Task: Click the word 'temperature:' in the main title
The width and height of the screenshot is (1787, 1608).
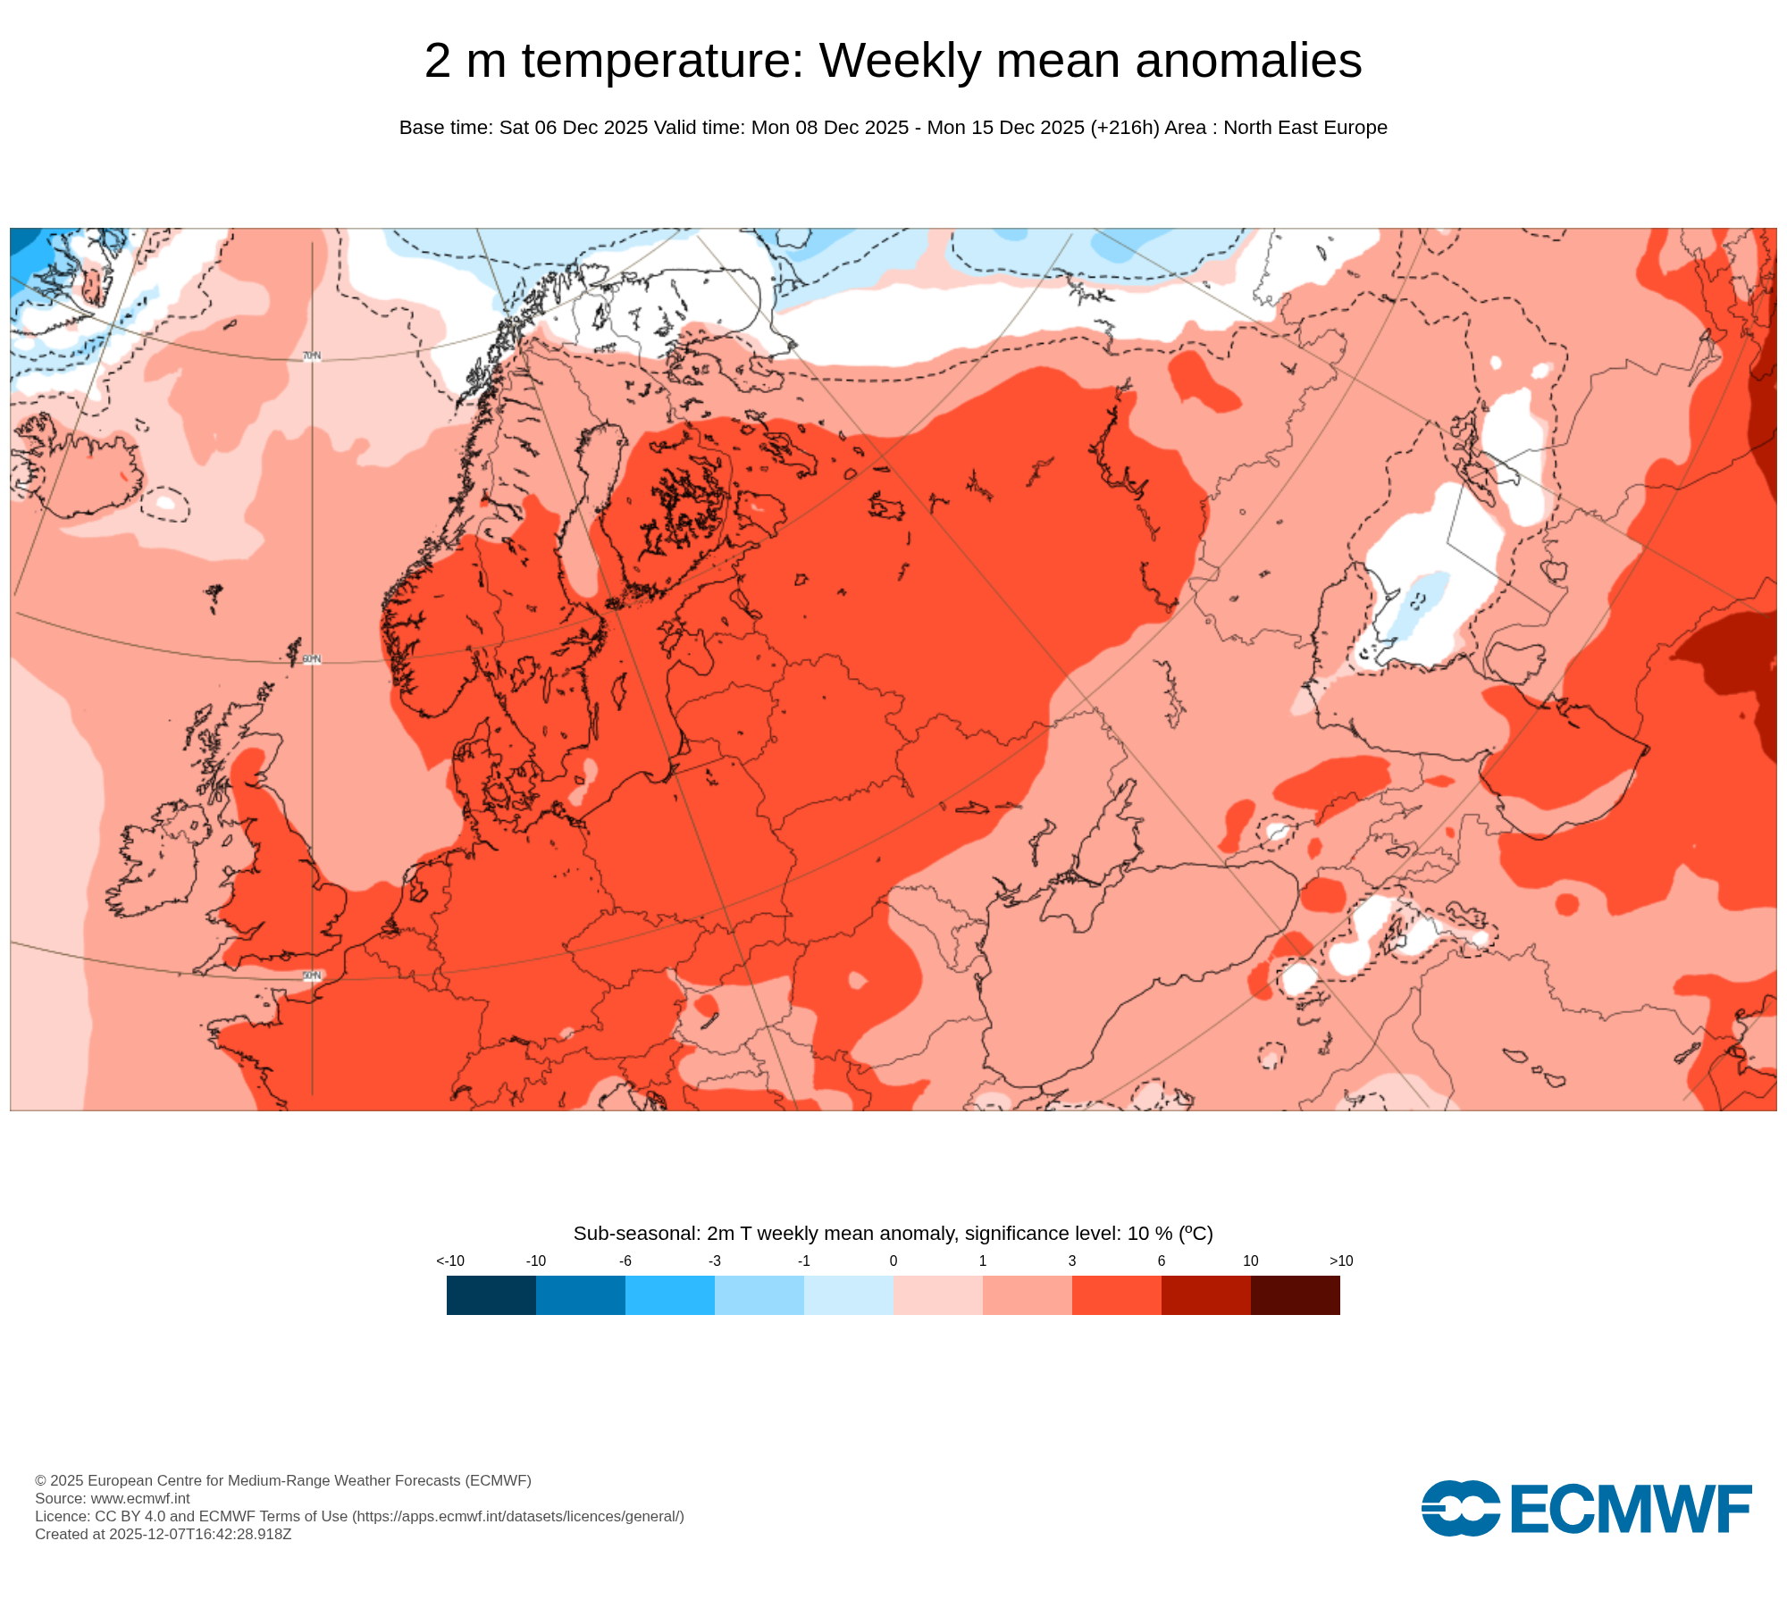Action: pos(663,61)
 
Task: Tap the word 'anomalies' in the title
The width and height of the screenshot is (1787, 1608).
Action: pos(1248,61)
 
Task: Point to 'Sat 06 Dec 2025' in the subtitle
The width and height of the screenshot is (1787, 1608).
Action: pos(573,128)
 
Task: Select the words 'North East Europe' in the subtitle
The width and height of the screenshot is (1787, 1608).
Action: pos(1305,128)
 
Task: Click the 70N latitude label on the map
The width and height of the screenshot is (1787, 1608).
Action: pos(311,356)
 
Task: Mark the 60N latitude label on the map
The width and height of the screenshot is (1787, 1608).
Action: pos(311,659)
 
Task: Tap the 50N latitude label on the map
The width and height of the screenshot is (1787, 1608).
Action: pos(311,976)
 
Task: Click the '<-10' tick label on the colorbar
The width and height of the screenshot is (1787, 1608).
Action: pos(450,1261)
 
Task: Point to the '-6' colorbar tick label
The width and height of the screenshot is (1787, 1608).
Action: pos(625,1261)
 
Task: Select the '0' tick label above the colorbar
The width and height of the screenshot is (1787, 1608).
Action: pos(893,1261)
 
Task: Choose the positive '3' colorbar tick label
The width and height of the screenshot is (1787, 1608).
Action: pos(1072,1261)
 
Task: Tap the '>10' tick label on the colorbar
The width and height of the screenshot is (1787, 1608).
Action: pos(1340,1261)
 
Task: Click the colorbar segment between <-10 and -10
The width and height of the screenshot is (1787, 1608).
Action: pos(491,1295)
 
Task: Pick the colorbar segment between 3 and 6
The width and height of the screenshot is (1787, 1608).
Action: pos(1117,1295)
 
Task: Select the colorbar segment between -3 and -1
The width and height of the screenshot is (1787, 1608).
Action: pos(759,1295)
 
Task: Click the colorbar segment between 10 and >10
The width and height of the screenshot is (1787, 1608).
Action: pos(1296,1295)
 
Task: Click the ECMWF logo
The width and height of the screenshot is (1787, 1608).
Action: pos(1586,1509)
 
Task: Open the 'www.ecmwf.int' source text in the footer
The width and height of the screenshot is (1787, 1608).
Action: pos(139,1498)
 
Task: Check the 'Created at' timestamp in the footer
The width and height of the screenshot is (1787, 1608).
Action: pos(163,1534)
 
